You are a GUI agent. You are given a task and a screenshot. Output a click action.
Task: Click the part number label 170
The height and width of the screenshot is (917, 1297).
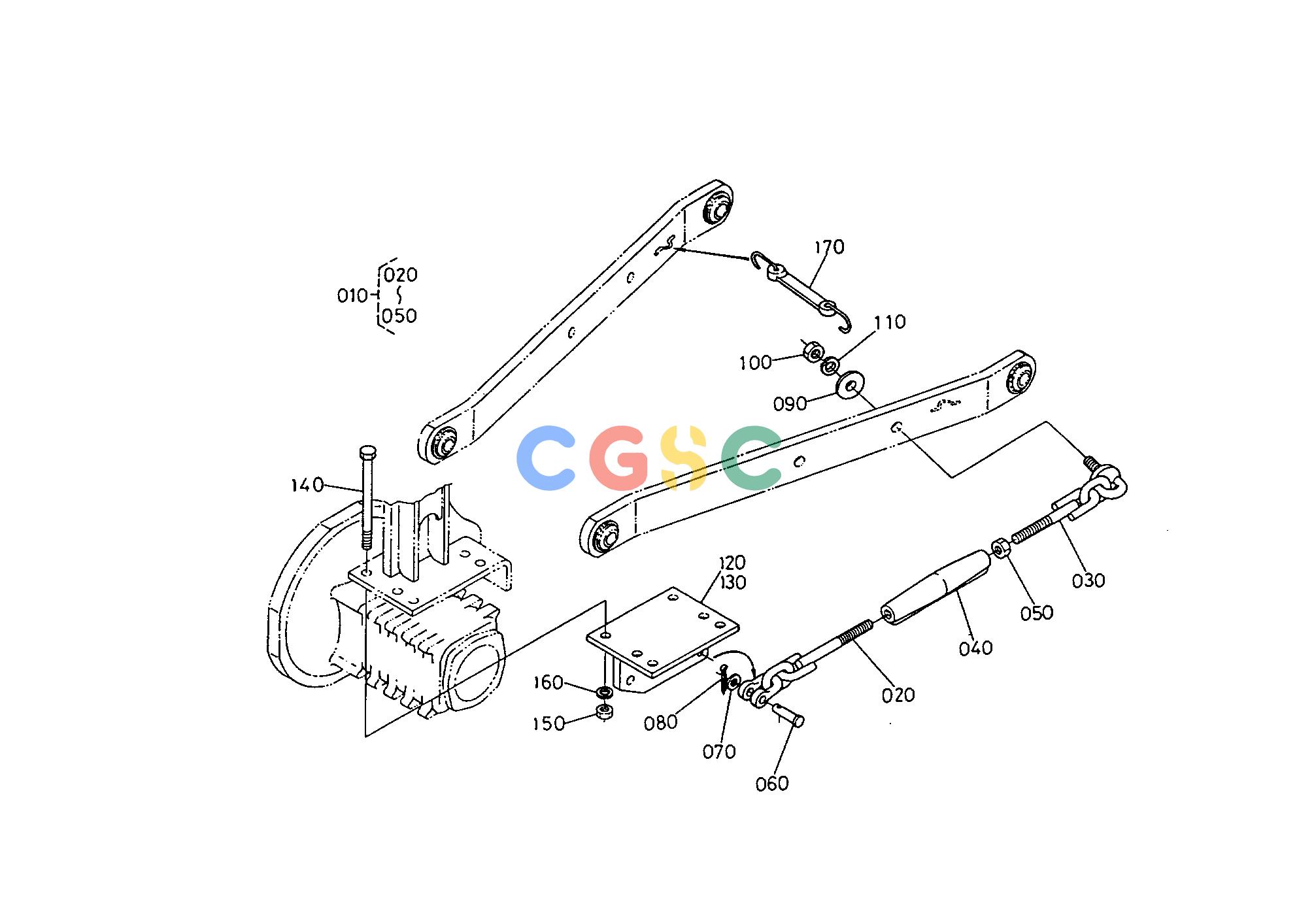[830, 247]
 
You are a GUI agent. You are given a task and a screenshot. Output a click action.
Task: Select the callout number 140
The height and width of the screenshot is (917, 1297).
[307, 485]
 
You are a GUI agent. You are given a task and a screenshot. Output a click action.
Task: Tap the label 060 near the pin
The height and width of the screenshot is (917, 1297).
[772, 784]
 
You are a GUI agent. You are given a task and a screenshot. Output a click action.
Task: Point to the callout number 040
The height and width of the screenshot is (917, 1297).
[976, 648]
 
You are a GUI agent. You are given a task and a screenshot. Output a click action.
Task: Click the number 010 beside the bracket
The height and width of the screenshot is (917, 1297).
[352, 296]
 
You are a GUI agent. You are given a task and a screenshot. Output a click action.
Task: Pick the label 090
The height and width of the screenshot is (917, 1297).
[790, 405]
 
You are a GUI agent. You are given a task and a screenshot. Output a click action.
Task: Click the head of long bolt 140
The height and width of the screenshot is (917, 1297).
[368, 452]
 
